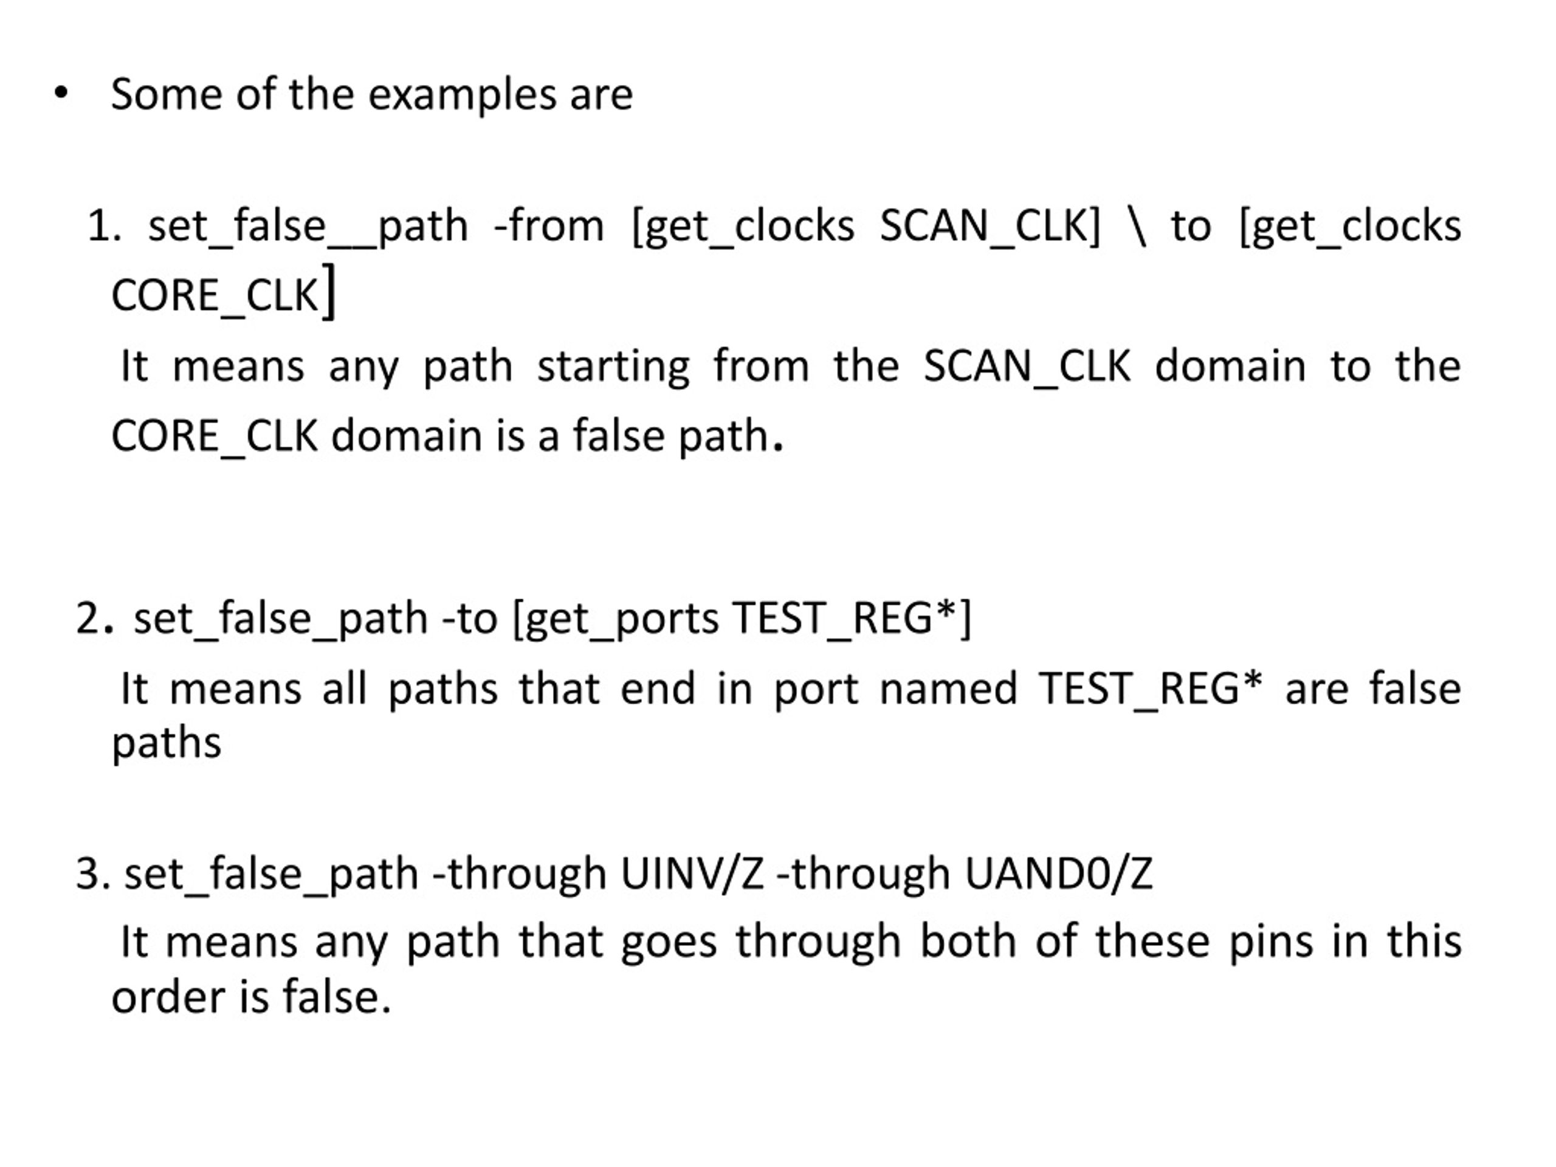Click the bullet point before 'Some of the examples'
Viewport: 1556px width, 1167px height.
(x=61, y=94)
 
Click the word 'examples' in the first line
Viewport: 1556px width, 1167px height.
(x=461, y=95)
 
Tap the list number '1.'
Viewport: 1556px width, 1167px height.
(x=105, y=227)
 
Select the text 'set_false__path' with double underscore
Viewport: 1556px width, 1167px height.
(x=308, y=227)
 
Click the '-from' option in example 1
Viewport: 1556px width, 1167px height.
(x=549, y=227)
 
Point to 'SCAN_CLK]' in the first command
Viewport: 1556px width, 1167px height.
(x=990, y=227)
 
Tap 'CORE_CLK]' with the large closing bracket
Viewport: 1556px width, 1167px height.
(x=224, y=294)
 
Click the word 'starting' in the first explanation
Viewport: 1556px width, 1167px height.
(x=613, y=367)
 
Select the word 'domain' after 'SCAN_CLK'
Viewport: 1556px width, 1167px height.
(x=1230, y=367)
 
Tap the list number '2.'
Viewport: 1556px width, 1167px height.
(x=94, y=618)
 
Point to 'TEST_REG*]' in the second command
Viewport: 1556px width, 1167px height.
(x=851, y=618)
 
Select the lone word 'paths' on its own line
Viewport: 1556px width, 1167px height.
(x=167, y=743)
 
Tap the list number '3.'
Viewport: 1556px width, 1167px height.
(x=93, y=873)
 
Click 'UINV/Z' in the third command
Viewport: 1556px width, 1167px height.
(x=692, y=873)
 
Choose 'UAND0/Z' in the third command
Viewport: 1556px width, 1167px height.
(x=1058, y=873)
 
